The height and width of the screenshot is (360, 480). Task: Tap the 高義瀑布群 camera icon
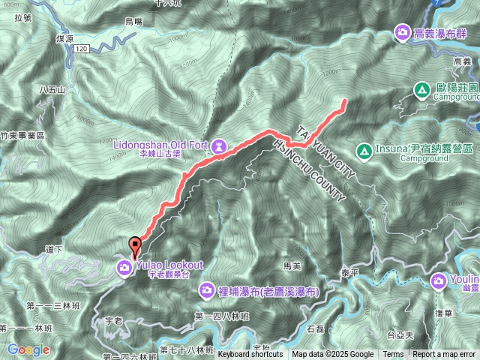click(x=403, y=32)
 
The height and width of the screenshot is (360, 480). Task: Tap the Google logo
click(x=28, y=349)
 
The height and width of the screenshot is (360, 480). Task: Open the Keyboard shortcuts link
click(x=250, y=355)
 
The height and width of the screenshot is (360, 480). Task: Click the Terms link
click(x=393, y=355)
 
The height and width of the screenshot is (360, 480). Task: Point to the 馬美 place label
click(x=292, y=265)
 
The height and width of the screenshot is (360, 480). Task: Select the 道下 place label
click(x=53, y=248)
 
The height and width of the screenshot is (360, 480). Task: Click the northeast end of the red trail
click(x=345, y=100)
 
